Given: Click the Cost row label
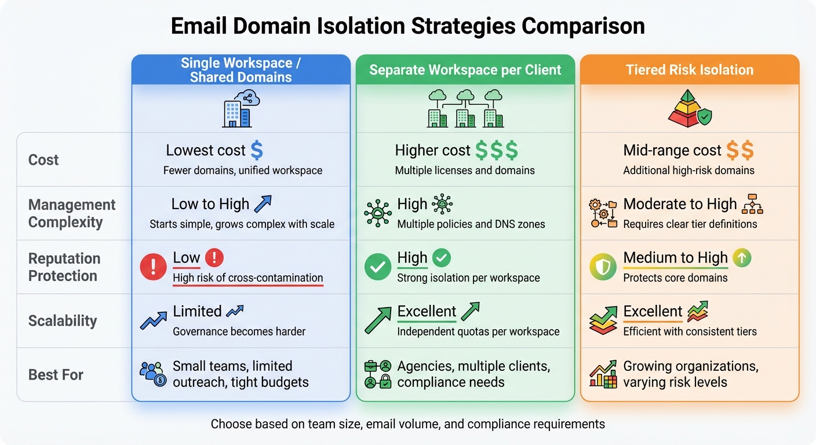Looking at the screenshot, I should pos(43,160).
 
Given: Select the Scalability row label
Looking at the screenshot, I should pos(63,321).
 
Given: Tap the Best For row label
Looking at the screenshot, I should pos(56,375).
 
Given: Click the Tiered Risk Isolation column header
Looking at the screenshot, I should pos(690,70).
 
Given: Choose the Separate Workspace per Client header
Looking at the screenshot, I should pos(465,70).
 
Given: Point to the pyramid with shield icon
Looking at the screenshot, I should pos(688,108).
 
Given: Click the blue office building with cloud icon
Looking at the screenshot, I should pos(240,109).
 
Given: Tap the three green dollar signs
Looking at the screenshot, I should pos(496,151).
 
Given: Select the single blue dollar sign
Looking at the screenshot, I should pos(256,151).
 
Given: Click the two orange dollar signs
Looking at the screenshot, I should pos(740,151).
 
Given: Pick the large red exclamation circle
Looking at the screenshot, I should pos(153,267).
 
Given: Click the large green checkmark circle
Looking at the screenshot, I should pos(377,267).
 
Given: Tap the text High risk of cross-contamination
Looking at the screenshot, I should pos(247,278).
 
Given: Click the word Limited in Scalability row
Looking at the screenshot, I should pos(197,312).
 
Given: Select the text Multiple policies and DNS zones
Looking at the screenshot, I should pos(471,224).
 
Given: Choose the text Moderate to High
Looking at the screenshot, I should pos(680,205).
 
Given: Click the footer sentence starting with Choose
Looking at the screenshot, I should pos(407,424).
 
